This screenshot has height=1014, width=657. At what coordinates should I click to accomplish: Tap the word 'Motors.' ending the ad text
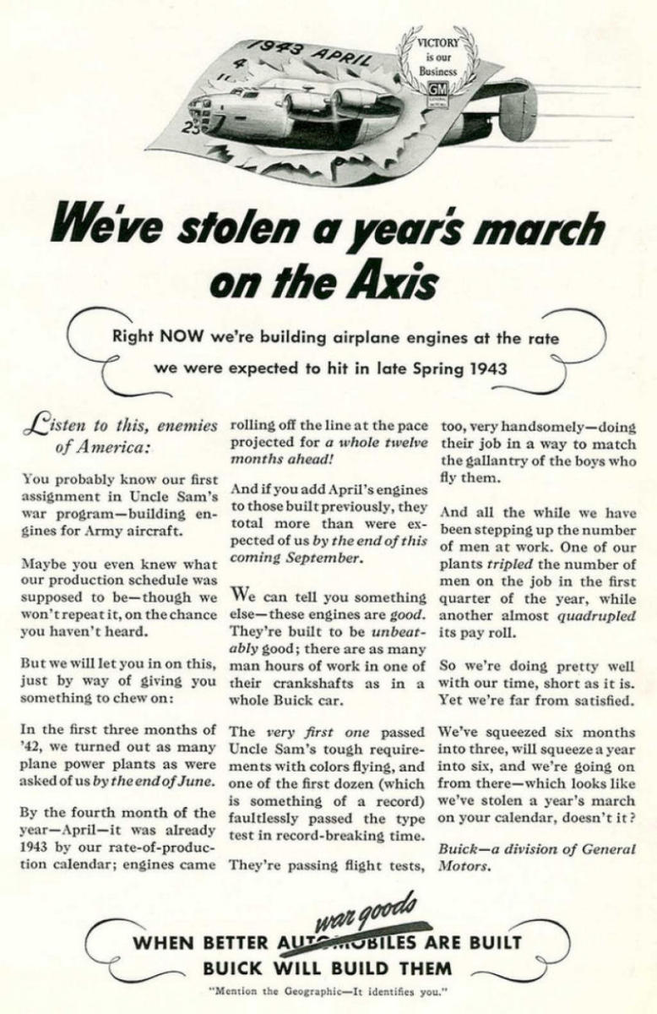pos(464,867)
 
